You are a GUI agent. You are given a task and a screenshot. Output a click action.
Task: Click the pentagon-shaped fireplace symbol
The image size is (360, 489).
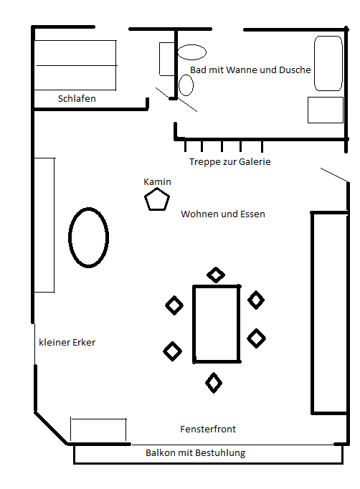[157, 200]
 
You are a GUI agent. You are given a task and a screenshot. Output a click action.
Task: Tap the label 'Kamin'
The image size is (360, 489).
[157, 182]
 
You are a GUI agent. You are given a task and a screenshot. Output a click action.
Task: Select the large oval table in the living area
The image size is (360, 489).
[89, 237]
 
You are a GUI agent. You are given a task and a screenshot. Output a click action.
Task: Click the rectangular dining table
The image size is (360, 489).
[217, 323]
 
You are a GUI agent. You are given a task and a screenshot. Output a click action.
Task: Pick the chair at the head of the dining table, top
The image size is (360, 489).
[216, 275]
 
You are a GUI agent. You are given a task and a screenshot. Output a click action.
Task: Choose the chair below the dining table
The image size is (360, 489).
[214, 383]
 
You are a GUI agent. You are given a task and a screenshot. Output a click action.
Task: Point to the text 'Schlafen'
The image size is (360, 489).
[77, 98]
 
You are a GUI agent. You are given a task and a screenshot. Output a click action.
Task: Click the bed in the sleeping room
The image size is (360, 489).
[75, 65]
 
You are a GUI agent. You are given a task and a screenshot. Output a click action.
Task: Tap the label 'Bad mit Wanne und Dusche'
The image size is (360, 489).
[250, 70]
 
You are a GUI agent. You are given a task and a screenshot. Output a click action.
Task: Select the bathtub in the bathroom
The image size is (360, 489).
[328, 64]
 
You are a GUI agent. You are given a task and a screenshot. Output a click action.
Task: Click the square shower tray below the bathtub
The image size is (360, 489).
[326, 110]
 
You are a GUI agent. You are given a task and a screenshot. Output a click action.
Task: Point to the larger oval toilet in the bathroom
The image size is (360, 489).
[192, 52]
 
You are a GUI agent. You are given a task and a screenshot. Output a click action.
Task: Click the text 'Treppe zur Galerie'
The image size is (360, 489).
[229, 162]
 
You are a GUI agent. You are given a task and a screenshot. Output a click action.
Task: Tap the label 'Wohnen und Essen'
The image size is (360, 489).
[223, 214]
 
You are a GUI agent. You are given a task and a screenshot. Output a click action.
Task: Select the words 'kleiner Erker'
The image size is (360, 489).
[67, 343]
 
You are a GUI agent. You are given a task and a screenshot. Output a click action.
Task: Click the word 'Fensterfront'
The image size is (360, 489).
[207, 429]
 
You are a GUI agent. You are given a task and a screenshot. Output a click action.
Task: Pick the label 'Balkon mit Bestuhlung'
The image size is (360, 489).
[195, 452]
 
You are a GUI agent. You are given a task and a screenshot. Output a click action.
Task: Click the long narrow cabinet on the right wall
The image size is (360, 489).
[328, 313]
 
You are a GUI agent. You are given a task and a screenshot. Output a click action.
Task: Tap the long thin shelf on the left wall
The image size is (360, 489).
[44, 225]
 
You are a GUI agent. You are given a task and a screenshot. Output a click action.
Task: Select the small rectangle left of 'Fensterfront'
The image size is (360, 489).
[98, 429]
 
